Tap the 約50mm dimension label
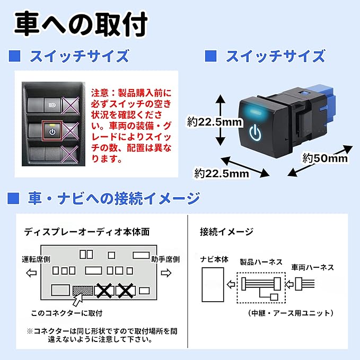(325, 157)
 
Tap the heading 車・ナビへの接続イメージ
(113, 199)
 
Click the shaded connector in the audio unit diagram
(83, 290)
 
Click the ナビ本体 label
(214, 260)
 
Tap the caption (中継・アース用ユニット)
(291, 313)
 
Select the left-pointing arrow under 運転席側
(31, 274)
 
